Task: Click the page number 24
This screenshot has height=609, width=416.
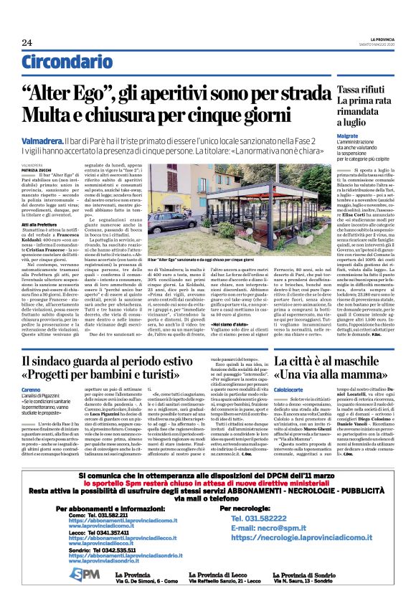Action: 27,42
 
